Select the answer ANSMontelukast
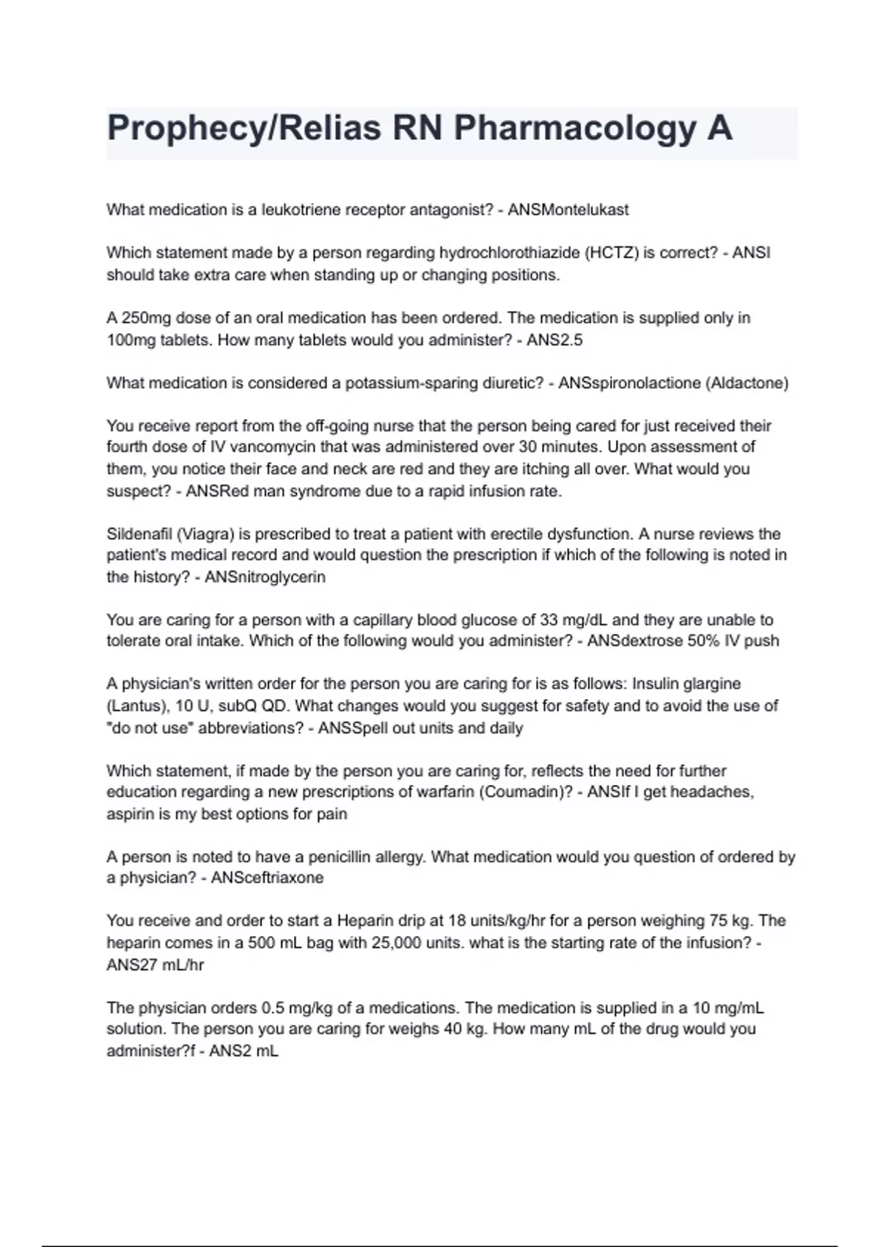point(568,210)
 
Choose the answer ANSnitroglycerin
point(265,577)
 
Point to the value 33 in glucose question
point(549,620)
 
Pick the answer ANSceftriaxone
point(267,878)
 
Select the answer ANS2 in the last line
point(228,1051)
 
